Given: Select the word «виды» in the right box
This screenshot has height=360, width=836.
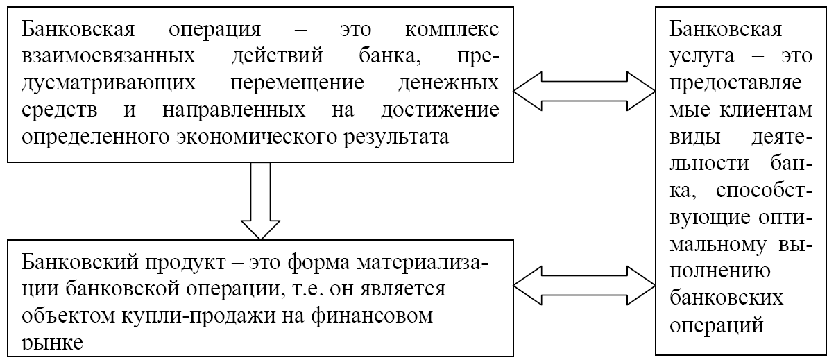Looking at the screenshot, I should (x=692, y=137).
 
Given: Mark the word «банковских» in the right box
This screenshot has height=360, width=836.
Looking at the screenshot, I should (x=727, y=298).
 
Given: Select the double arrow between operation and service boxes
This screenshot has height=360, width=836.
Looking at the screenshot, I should (x=584, y=89).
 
